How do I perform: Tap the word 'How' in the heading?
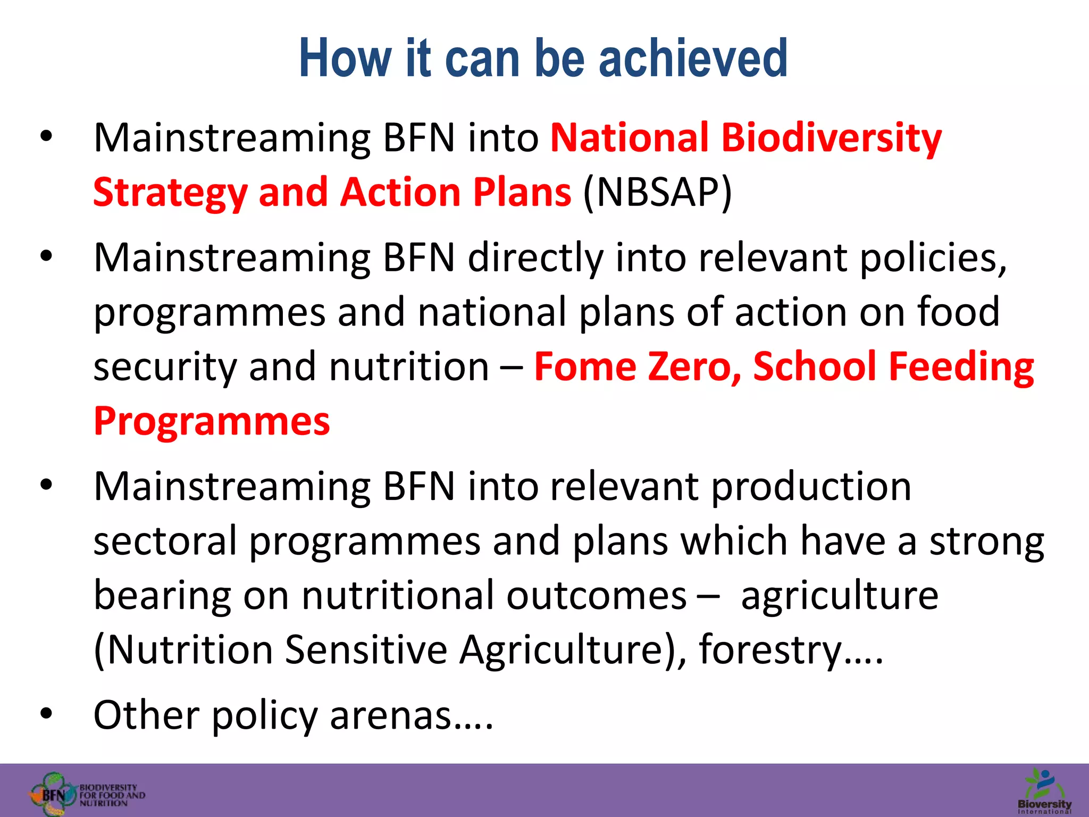[345, 58]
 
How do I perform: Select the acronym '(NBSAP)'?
[658, 192]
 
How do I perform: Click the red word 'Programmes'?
[212, 421]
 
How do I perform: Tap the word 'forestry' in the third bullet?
[770, 650]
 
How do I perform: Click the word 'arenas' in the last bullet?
[391, 715]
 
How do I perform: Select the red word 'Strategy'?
[170, 193]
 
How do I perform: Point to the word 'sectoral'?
[165, 541]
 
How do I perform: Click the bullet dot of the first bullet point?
[46, 137]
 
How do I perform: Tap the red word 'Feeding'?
[961, 366]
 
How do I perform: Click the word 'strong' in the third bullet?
[987, 541]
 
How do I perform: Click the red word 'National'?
[629, 138]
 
